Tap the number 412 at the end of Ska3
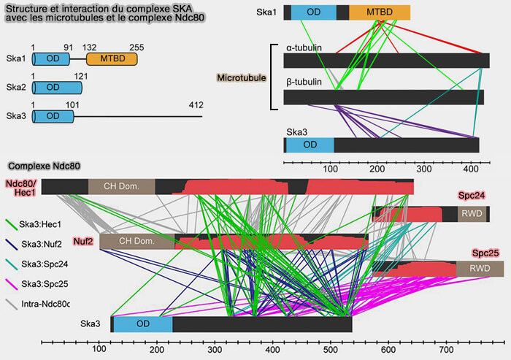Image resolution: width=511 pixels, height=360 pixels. pyautogui.click(x=195, y=105)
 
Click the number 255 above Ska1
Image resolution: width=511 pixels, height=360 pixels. pyautogui.click(x=137, y=47)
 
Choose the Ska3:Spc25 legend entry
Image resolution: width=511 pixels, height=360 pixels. pyautogui.click(x=43, y=283)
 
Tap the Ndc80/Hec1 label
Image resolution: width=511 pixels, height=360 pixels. pyautogui.click(x=21, y=187)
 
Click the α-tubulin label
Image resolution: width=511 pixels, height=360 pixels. pyautogui.click(x=304, y=49)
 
